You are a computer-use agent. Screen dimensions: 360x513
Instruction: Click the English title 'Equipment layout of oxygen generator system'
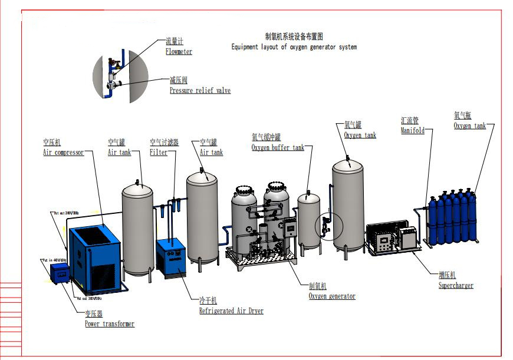pyautogui.click(x=294, y=47)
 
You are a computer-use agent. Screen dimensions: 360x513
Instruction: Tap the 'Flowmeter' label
pyautogui.click(x=179, y=51)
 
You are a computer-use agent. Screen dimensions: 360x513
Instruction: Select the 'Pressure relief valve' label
pyautogui.click(x=200, y=91)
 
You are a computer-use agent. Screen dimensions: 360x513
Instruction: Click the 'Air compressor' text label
pyautogui.click(x=63, y=153)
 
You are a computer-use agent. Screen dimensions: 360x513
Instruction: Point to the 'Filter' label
pyautogui.click(x=159, y=153)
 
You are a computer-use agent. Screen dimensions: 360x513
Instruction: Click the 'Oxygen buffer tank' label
pyautogui.click(x=278, y=147)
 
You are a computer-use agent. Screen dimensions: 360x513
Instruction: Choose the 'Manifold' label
pyautogui.click(x=412, y=130)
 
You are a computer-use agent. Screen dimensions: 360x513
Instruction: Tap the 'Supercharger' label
pyautogui.click(x=456, y=286)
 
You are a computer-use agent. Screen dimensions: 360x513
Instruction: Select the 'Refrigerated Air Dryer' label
pyautogui.click(x=231, y=311)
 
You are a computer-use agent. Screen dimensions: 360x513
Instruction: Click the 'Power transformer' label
pyautogui.click(x=109, y=323)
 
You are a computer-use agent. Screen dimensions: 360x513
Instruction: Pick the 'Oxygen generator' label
pyautogui.click(x=332, y=296)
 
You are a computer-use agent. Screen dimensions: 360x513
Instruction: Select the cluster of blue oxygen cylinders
pyautogui.click(x=452, y=219)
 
